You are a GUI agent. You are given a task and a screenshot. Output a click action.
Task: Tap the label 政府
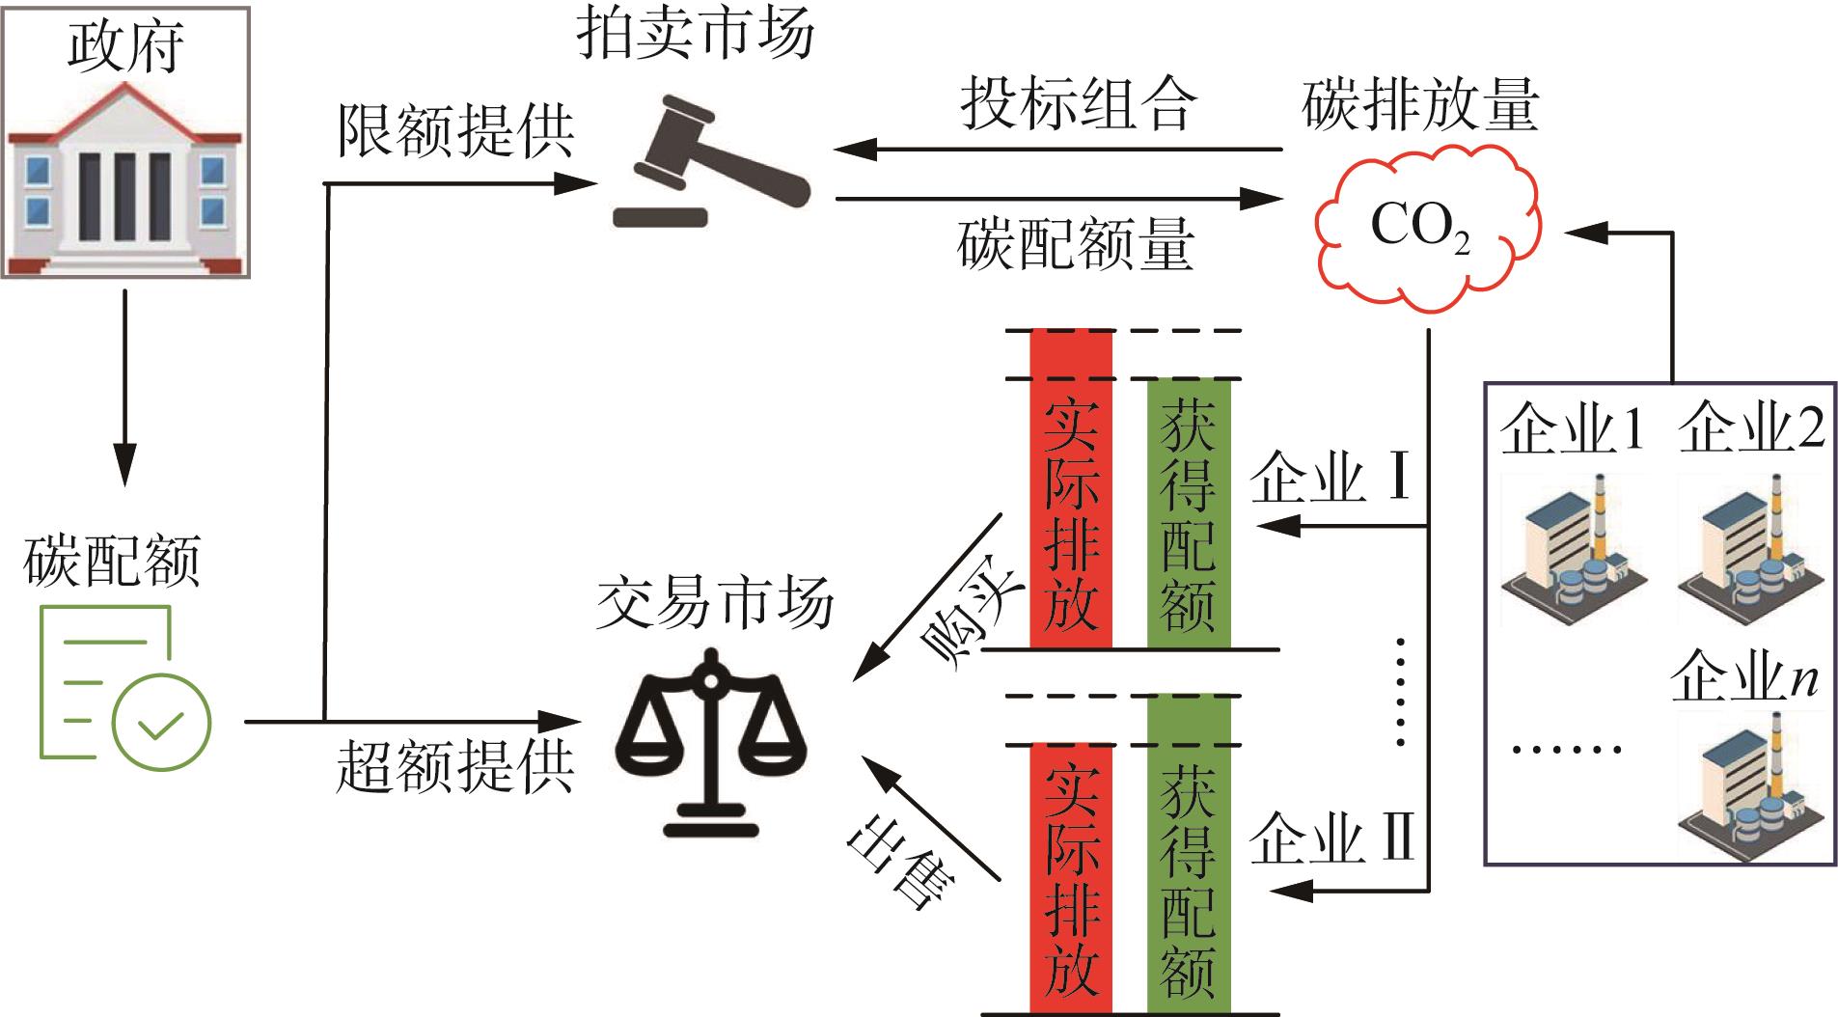(x=125, y=45)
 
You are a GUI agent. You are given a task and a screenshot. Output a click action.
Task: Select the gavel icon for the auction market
(x=711, y=161)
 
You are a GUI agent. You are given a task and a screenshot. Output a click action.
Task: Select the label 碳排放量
(x=1420, y=105)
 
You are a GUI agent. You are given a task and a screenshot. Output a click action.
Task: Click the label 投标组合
(x=1078, y=103)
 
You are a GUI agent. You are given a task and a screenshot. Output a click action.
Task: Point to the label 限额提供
(x=455, y=130)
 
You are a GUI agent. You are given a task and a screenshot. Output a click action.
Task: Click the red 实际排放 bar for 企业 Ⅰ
(x=1071, y=489)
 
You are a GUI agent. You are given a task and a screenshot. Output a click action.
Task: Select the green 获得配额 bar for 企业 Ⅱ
(x=1189, y=854)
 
